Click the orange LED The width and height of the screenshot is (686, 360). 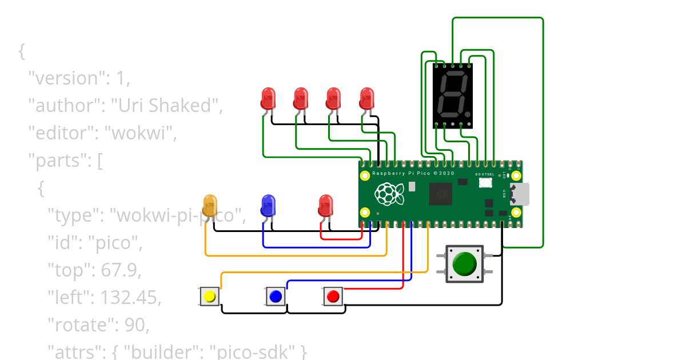(210, 205)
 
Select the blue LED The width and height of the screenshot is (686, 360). (268, 205)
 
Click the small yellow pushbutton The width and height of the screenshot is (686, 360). (210, 297)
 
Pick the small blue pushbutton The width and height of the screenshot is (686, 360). (276, 297)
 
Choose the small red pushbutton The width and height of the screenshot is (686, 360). (333, 297)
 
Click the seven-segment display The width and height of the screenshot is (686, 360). (453, 95)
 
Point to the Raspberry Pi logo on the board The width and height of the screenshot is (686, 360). (389, 194)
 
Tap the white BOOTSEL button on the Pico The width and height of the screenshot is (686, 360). (486, 183)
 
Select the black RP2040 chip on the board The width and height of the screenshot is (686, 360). (441, 194)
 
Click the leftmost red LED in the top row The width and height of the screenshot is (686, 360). (268, 98)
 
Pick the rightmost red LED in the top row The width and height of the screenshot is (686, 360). (366, 98)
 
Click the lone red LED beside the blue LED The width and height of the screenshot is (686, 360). (325, 205)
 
